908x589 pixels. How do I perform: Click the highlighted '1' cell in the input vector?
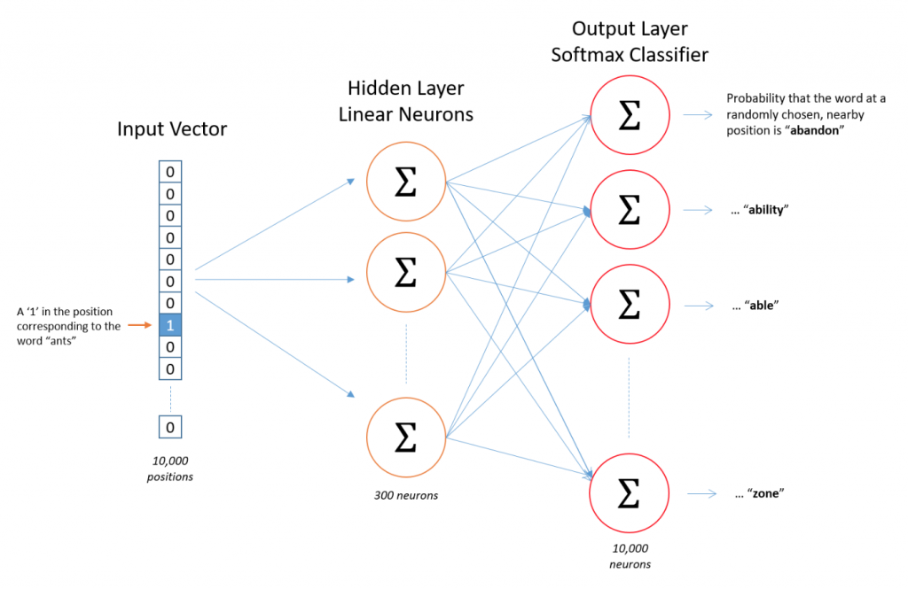tap(170, 325)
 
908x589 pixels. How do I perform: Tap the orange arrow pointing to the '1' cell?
tap(139, 325)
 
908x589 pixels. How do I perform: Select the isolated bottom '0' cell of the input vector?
tap(170, 427)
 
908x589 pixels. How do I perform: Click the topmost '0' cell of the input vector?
tap(170, 172)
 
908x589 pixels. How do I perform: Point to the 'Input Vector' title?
tap(172, 128)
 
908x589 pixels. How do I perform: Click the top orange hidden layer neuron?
tap(406, 182)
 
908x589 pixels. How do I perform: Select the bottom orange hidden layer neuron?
tap(406, 438)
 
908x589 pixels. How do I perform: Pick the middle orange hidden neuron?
tap(406, 272)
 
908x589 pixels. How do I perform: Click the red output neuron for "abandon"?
tap(630, 115)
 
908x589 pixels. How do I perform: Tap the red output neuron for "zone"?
tap(630, 493)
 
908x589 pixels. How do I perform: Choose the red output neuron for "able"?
tap(630, 305)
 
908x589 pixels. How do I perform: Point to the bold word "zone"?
tap(765, 493)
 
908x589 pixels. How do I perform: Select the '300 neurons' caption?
tap(406, 495)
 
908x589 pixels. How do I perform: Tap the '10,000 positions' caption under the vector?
tap(169, 469)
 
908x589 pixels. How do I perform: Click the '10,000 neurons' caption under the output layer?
tap(630, 556)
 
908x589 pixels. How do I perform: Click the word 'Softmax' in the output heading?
tap(585, 54)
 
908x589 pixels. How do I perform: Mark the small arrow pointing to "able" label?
tap(699, 306)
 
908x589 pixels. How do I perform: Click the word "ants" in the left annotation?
tap(61, 341)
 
